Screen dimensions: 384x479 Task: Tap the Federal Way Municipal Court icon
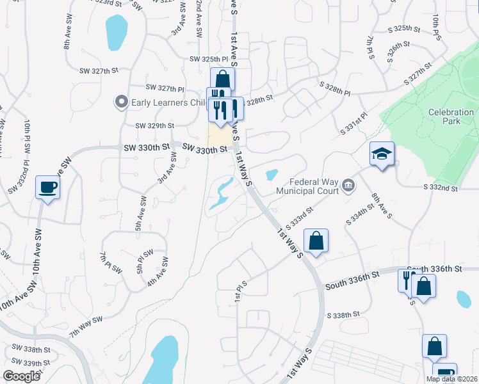348,186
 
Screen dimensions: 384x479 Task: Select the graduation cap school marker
382,154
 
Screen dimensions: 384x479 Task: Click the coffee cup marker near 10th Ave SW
48,187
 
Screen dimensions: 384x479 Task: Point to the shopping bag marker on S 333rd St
316,241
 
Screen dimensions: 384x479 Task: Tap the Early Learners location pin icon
120,102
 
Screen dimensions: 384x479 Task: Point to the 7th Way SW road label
86,326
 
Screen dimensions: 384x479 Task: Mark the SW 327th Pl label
165,88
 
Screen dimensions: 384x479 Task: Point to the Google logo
21,376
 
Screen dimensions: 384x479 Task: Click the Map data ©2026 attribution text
450,379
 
